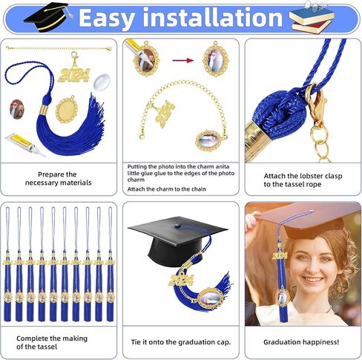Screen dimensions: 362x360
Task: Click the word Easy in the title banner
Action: tap(108, 19)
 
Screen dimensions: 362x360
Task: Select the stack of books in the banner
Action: tap(312, 18)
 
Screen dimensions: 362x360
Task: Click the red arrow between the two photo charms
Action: tap(183, 60)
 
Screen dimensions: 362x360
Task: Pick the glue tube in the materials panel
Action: tap(24, 145)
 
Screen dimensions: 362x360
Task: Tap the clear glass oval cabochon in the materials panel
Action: tap(102, 82)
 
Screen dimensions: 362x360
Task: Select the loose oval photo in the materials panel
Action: tap(16, 109)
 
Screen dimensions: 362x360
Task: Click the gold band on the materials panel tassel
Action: tap(44, 109)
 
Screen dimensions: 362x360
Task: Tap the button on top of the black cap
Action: tap(178, 226)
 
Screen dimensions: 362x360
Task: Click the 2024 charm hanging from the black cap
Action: tap(180, 280)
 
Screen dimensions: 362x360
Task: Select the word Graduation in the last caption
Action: tap(280, 342)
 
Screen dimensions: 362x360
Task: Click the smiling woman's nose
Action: tap(313, 268)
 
